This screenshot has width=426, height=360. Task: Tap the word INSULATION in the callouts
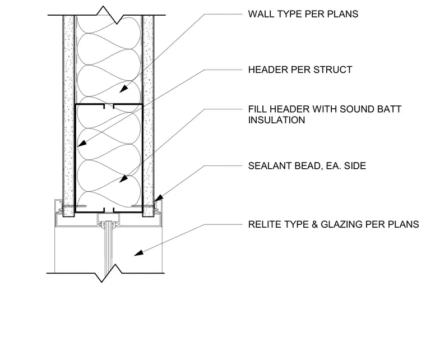click(276, 120)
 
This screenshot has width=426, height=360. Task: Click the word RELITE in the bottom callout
click(264, 224)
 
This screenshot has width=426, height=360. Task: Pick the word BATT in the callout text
click(389, 109)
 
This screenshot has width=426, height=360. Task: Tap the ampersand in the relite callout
click(314, 224)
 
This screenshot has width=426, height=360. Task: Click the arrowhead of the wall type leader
click(124, 89)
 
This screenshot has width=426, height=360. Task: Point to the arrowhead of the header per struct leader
click(81, 143)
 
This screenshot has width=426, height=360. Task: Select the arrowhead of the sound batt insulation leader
click(123, 178)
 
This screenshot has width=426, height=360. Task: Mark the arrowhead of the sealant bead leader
click(159, 198)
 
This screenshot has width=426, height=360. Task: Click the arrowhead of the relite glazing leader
click(138, 253)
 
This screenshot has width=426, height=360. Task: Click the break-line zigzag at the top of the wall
click(106, 15)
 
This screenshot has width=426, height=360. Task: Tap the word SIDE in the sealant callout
click(355, 166)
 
